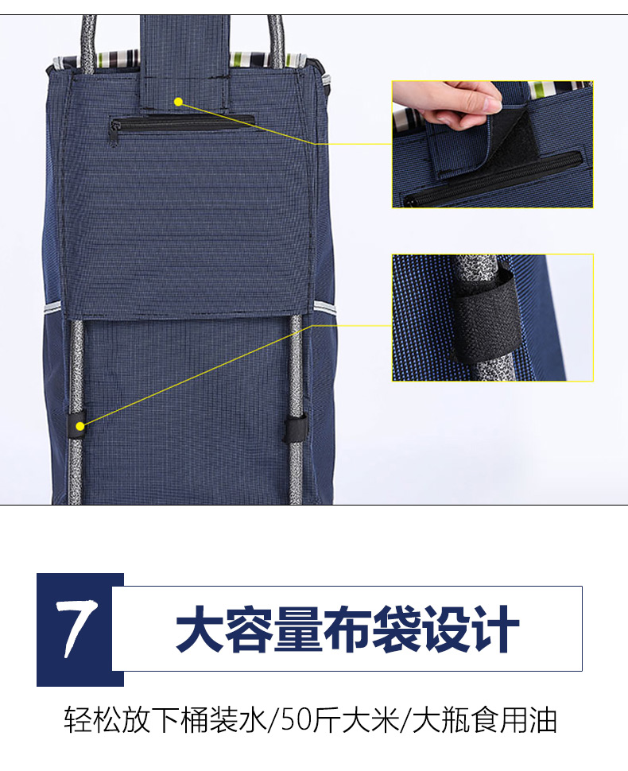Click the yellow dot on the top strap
179,102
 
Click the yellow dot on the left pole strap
79,426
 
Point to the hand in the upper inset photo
445,104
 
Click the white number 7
78,629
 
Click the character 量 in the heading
298,629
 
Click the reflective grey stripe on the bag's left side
53,308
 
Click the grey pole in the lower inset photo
487,318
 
